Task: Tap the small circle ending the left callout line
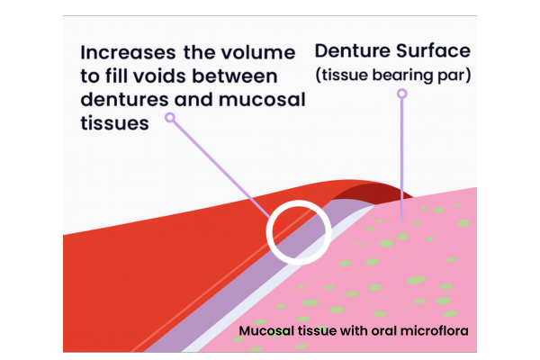click(x=171, y=117)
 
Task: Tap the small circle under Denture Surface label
click(x=402, y=93)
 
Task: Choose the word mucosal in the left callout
click(x=260, y=101)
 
